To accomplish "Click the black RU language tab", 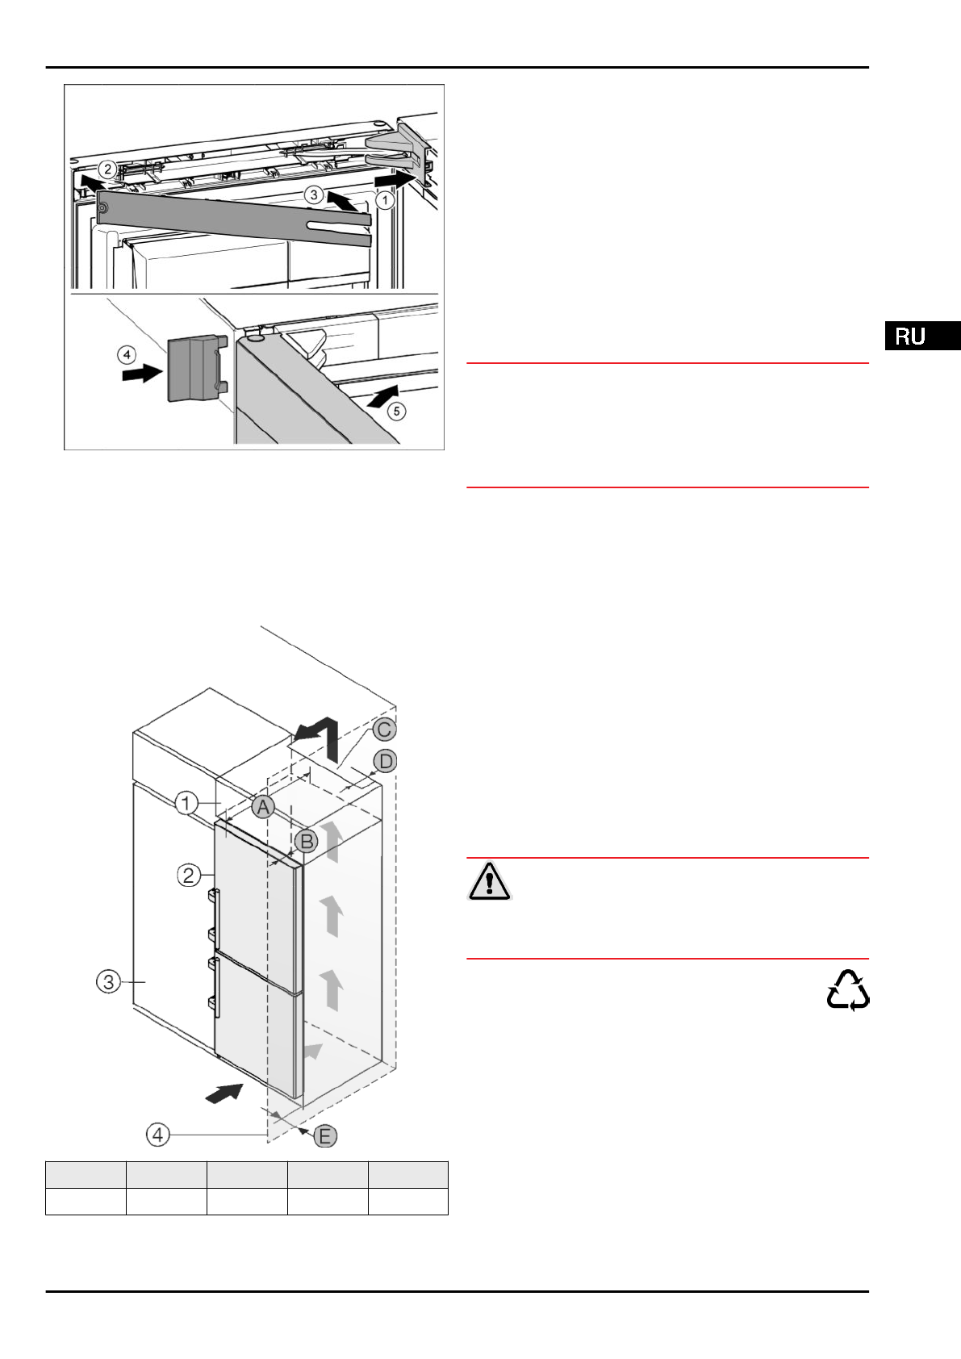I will point(922,336).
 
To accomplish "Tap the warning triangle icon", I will point(489,880).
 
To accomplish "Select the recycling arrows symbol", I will point(848,990).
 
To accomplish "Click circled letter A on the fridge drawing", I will point(263,806).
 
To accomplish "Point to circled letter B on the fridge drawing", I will point(307,842).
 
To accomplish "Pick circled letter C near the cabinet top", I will point(385,730).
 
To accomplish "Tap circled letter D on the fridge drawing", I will point(386,761).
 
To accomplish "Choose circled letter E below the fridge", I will point(325,1136).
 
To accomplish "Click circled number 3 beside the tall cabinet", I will point(108,981).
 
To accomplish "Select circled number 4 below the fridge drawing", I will point(157,1135).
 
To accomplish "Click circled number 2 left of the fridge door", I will point(188,875).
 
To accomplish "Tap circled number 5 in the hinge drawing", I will point(396,411).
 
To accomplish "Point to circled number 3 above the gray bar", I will point(314,194).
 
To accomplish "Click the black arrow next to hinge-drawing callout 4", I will point(141,373).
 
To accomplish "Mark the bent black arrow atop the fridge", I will point(316,734).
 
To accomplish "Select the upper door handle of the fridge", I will point(215,914).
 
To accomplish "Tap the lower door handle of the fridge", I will point(215,982).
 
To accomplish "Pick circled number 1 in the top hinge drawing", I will point(385,199).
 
